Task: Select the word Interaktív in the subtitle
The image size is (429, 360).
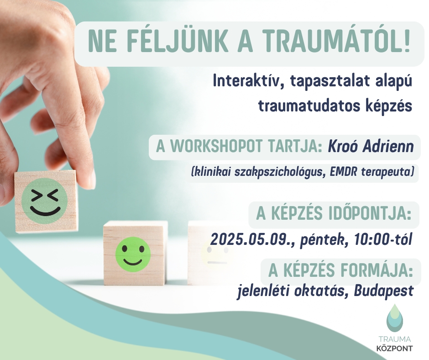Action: [x=247, y=81]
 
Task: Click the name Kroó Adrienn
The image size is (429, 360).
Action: [x=371, y=147]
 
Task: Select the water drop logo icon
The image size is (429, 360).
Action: [x=394, y=318]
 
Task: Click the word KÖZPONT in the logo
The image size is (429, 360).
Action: [x=394, y=349]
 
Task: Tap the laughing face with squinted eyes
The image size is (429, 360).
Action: [x=45, y=201]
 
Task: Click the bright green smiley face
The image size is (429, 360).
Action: [x=133, y=254]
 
